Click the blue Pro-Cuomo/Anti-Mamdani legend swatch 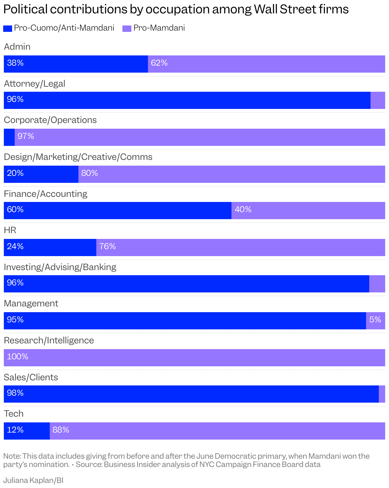point(8,29)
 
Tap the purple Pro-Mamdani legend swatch point(127,29)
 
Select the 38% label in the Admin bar point(15,63)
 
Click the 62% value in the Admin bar point(159,63)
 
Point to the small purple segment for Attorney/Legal point(378,100)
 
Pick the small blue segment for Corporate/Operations point(9,137)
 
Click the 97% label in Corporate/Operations point(26,136)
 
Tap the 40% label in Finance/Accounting point(243,210)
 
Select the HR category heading point(10,230)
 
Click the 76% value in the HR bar point(107,247)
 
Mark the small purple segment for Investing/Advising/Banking point(377,284)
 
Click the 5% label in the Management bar point(375,320)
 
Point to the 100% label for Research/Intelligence point(18,357)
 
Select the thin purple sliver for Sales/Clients point(382,394)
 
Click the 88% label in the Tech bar point(61,430)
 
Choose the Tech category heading point(14,414)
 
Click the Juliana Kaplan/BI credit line point(33,480)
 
